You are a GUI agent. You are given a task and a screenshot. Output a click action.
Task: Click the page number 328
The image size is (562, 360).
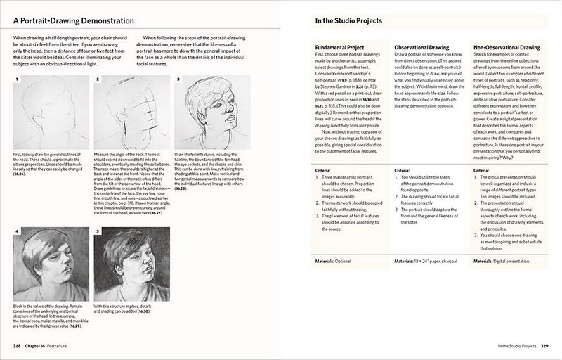click(20, 346)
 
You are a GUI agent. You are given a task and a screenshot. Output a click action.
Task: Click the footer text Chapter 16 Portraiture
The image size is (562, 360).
click(55, 346)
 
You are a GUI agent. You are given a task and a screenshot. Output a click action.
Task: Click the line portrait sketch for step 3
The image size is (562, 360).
click(211, 112)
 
